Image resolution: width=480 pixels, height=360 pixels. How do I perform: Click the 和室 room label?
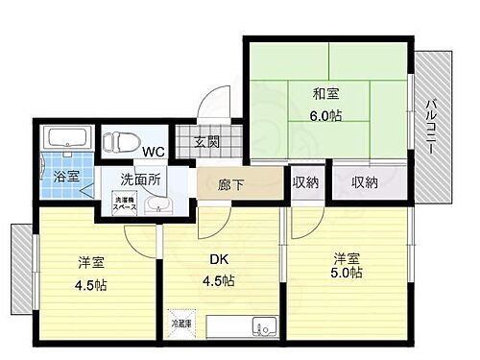tap(326, 95)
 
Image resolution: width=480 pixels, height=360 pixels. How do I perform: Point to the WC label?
tap(154, 150)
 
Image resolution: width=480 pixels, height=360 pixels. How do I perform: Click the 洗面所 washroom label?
tap(139, 178)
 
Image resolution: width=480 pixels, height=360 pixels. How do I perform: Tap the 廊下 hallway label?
tap(230, 183)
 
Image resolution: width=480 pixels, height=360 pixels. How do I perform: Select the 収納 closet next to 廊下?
tap(307, 182)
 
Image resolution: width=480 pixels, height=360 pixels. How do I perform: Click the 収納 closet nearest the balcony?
tap(364, 182)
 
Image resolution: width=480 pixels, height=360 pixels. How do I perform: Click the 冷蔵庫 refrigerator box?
tap(180, 324)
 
